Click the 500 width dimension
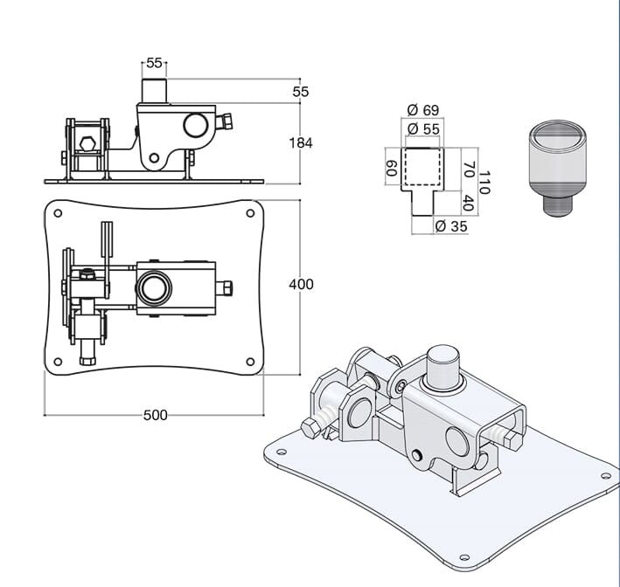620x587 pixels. [x=155, y=415]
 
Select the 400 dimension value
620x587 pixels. [x=300, y=285]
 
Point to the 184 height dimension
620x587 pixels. [x=300, y=143]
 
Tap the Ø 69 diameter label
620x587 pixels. [x=423, y=110]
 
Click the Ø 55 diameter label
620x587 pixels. [x=423, y=128]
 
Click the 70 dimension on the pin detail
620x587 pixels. [x=468, y=169]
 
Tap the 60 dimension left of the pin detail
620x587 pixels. [x=391, y=168]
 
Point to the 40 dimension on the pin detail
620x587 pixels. [x=468, y=204]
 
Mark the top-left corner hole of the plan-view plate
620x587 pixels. [x=58, y=212]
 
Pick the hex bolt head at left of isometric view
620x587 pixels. [x=311, y=428]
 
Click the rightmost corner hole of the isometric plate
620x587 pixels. [x=606, y=476]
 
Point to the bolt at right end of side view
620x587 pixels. [x=229, y=121]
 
